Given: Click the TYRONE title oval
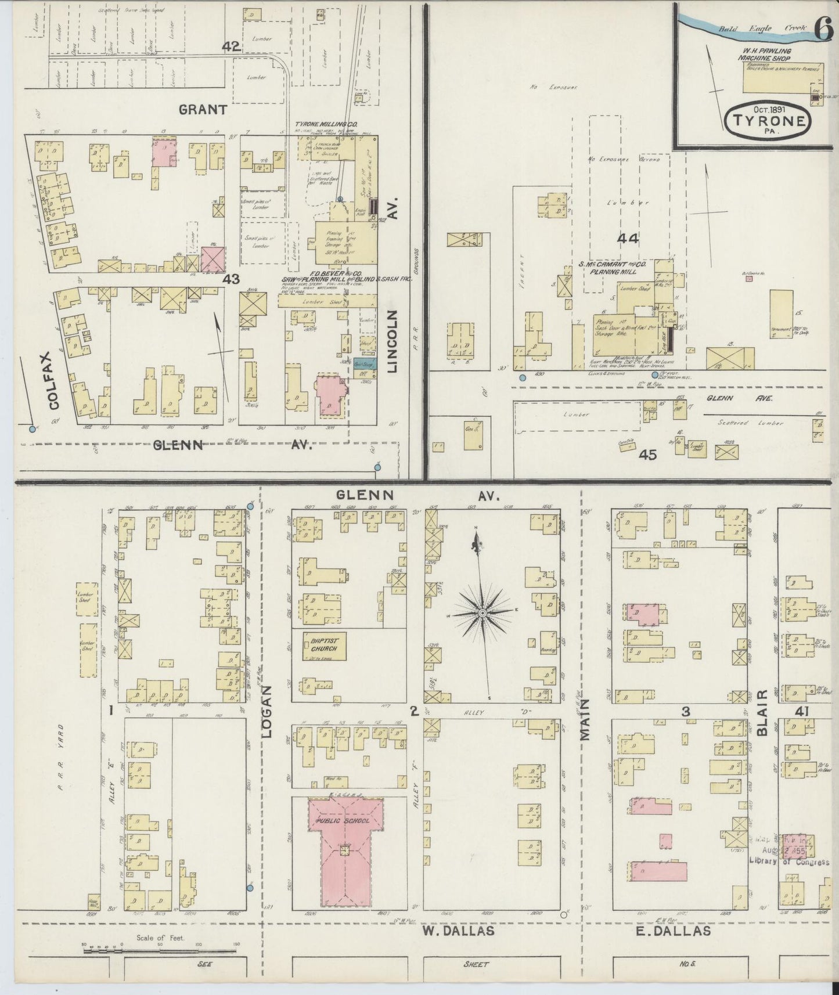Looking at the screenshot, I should [769, 121].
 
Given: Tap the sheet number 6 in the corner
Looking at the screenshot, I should [824, 29].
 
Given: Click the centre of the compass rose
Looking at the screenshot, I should [482, 613].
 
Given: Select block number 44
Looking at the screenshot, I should [628, 239].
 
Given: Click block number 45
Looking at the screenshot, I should [647, 455].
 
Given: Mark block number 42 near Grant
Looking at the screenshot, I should [231, 47].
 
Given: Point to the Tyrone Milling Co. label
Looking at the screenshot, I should [326, 125].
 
